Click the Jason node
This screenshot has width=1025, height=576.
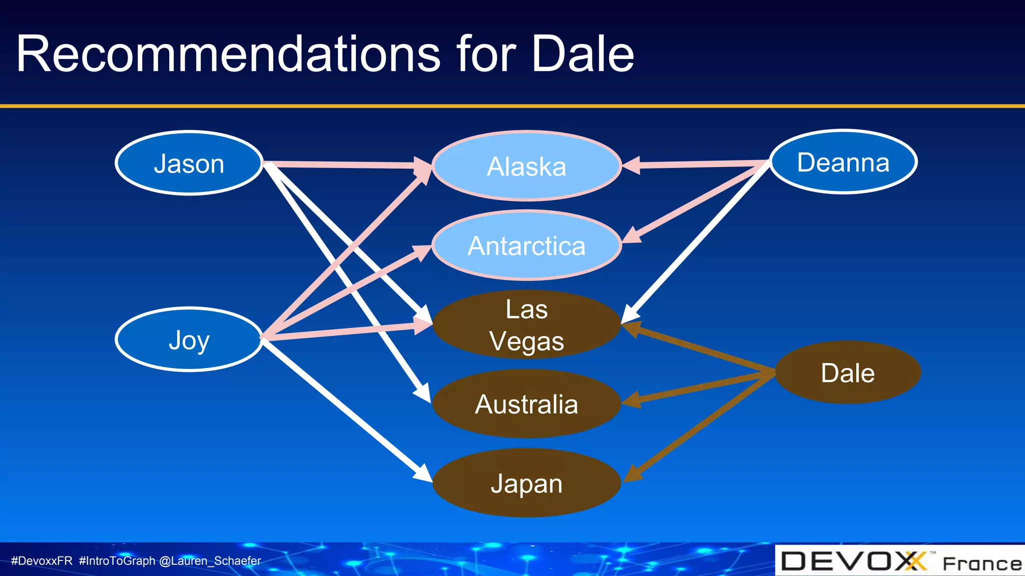pyautogui.click(x=189, y=163)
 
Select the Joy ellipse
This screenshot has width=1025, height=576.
pyautogui.click(x=189, y=339)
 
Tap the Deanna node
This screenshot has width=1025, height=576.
pyautogui.click(x=843, y=162)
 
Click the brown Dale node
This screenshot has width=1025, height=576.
pyautogui.click(x=848, y=372)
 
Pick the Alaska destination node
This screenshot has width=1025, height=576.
pyautogui.click(x=527, y=166)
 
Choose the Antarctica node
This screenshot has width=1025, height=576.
pyautogui.click(x=527, y=245)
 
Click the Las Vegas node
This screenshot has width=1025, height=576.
pyautogui.click(x=527, y=324)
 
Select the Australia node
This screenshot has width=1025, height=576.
pyautogui.click(x=527, y=404)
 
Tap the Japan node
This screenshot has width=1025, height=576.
pyautogui.click(x=527, y=483)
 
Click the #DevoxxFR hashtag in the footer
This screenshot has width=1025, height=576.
pyautogui.click(x=42, y=561)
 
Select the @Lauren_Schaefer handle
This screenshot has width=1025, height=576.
pyautogui.click(x=210, y=561)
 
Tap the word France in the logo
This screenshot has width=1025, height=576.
pyautogui.click(x=982, y=563)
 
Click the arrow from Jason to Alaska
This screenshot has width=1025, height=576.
pyautogui.click(x=340, y=164)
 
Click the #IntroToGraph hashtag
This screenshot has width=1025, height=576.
pyautogui.click(x=117, y=561)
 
